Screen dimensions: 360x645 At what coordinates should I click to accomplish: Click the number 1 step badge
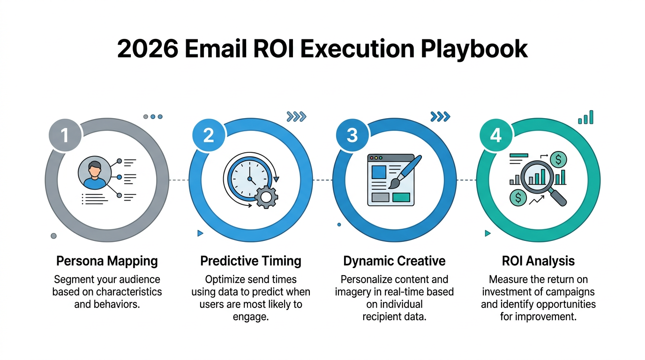pos(65,135)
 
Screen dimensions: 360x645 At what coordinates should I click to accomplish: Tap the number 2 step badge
pos(209,135)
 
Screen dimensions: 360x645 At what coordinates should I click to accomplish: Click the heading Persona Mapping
pos(107,261)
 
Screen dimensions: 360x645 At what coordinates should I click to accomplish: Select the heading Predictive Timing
pos(251,261)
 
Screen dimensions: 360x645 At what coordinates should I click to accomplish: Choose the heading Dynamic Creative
pos(394,261)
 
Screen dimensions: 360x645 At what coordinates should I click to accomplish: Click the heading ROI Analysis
pos(538,261)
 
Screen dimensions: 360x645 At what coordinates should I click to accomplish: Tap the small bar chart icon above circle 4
pos(586,117)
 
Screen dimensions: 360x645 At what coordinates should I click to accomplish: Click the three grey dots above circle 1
pos(153,116)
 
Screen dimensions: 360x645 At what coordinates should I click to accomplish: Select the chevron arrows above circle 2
pos(296,116)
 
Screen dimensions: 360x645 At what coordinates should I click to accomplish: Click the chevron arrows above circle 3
pos(440,116)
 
